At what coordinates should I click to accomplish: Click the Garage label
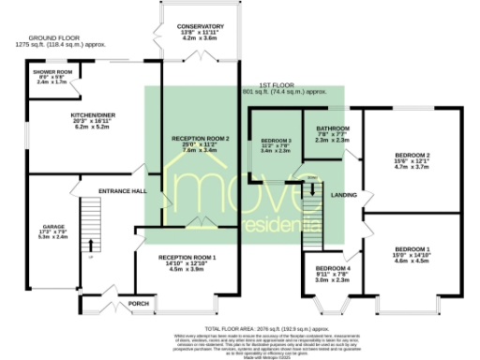pos(51,227)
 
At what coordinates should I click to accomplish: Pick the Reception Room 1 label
pos(187,257)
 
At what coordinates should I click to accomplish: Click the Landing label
pos(343,194)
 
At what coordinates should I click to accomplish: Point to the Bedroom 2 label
pos(412,155)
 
